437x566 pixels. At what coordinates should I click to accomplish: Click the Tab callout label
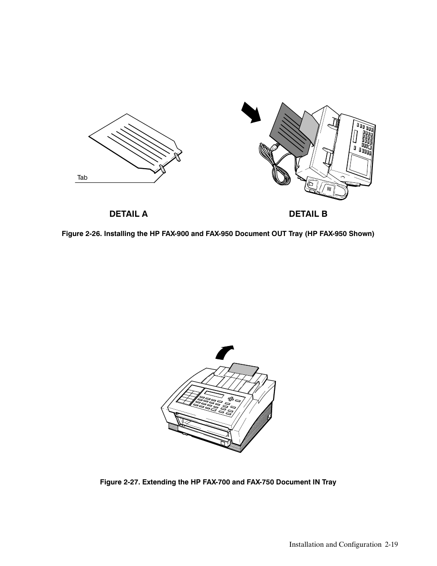coord(82,177)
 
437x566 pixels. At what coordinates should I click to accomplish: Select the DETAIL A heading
coord(128,214)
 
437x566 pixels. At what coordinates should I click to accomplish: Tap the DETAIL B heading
coord(308,214)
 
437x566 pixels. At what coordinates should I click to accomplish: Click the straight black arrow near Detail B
coord(251,112)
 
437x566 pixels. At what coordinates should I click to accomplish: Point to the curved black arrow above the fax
coord(224,352)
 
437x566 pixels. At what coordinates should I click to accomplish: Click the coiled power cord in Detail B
coord(273,164)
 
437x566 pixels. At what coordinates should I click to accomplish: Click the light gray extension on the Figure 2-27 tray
coord(244,369)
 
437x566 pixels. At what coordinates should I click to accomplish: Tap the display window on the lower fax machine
coord(214,394)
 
